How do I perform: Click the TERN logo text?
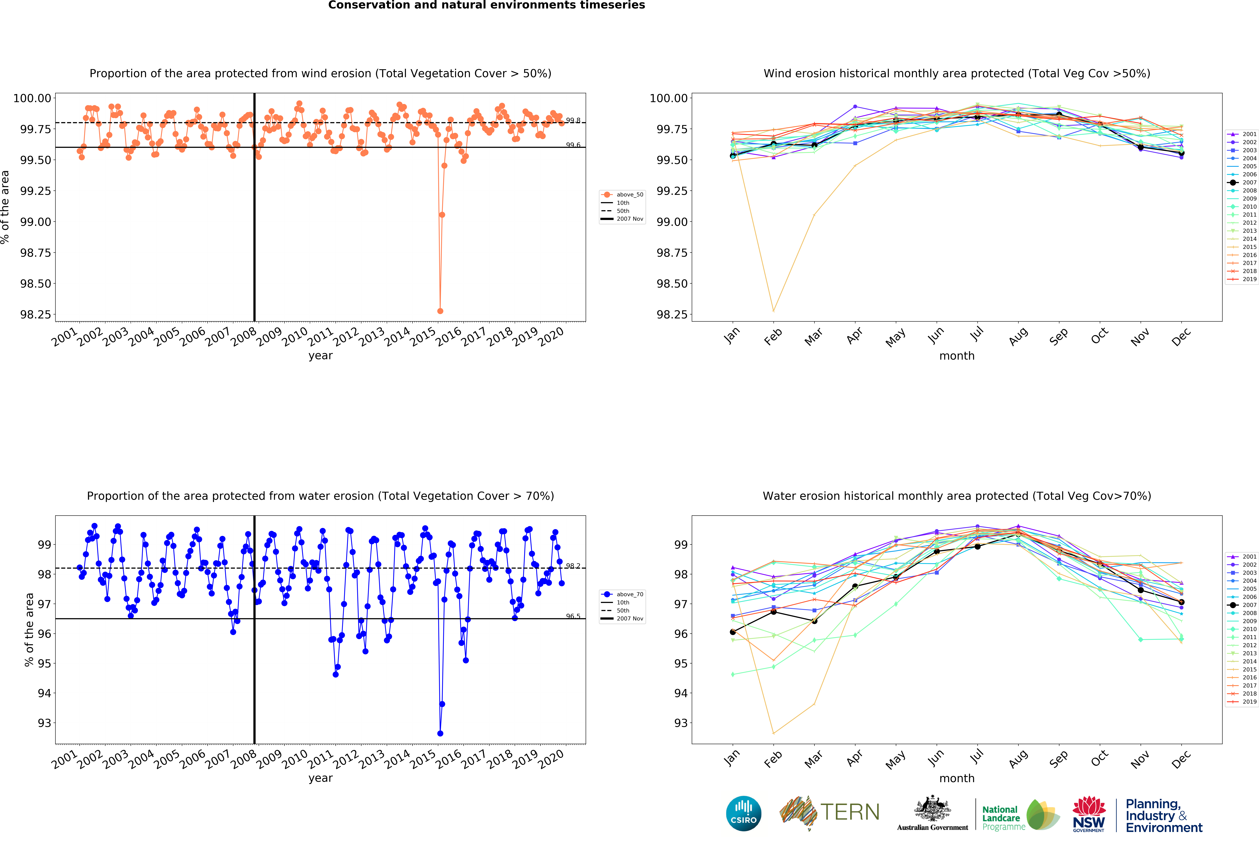850,812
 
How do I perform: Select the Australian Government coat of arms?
933,809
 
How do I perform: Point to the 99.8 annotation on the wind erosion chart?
573,120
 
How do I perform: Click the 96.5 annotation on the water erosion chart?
573,616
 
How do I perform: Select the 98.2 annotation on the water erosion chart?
573,566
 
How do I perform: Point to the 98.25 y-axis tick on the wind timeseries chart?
36,315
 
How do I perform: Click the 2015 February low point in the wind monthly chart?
773,311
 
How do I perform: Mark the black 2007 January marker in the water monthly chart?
733,632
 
